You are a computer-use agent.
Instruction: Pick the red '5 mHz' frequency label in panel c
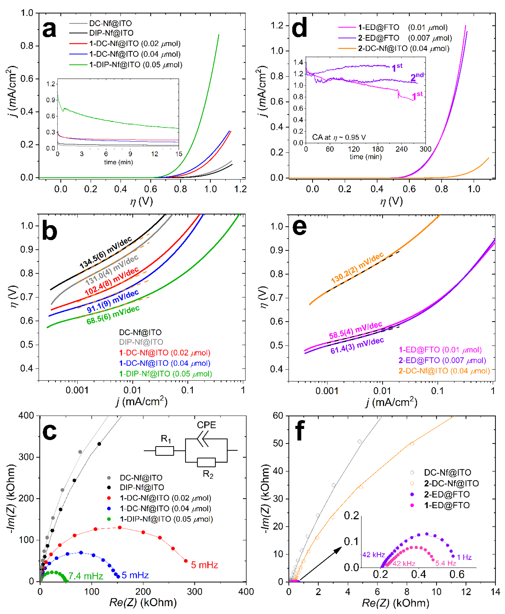click(204, 565)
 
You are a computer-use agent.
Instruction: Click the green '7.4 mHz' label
click(86, 576)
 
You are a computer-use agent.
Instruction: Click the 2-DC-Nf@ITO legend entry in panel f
click(451, 483)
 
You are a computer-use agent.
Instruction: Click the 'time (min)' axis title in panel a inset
click(118, 162)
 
